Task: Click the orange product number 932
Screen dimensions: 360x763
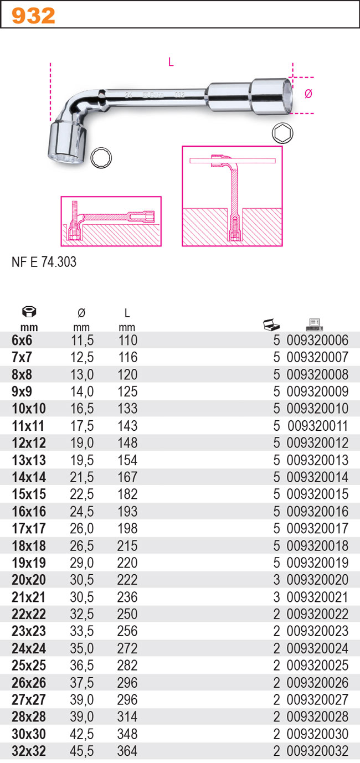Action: pyautogui.click(x=33, y=16)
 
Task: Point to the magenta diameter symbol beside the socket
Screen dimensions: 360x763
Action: pyautogui.click(x=308, y=94)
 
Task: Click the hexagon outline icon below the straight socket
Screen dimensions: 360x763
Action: pyautogui.click(x=282, y=133)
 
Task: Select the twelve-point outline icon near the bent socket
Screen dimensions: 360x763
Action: pyautogui.click(x=101, y=157)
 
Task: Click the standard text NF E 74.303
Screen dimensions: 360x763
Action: pyautogui.click(x=44, y=262)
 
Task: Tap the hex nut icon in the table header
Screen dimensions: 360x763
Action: pyautogui.click(x=29, y=311)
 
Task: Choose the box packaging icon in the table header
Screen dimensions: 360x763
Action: pyautogui.click(x=271, y=324)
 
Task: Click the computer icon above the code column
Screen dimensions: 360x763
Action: pyautogui.click(x=315, y=324)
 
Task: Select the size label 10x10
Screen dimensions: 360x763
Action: pyautogui.click(x=29, y=409)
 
